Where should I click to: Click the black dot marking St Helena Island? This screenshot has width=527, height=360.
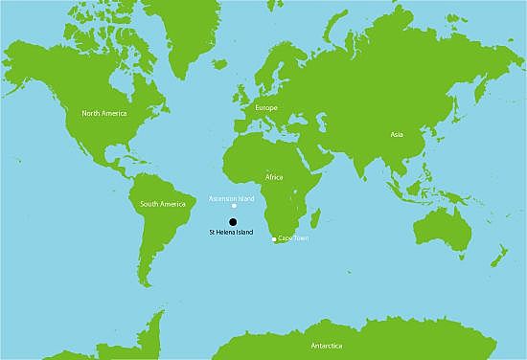pos(233,221)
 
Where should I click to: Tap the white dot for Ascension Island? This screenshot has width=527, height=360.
pos(234,205)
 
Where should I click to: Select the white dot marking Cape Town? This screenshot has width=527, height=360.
pos(274,238)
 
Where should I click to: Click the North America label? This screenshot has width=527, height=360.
pos(103,113)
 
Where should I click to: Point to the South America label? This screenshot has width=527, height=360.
pos(162,204)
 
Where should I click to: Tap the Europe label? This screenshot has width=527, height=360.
pos(266,108)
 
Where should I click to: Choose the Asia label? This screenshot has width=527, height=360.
pos(397,134)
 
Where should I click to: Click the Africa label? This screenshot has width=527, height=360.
pos(274,178)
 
